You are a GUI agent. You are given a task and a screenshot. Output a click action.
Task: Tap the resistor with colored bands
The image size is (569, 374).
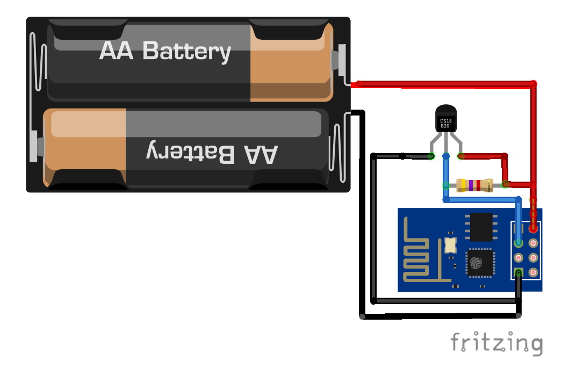pyautogui.click(x=474, y=185)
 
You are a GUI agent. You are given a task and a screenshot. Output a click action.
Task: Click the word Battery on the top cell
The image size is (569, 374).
pyautogui.click(x=187, y=51)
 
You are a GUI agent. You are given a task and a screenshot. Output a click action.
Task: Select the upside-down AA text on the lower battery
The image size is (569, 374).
pyautogui.click(x=261, y=153)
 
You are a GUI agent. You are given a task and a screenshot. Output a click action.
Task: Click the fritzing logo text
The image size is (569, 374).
pyautogui.click(x=496, y=342)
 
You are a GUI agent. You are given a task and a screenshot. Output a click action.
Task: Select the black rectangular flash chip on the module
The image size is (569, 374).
pyautogui.click(x=482, y=226)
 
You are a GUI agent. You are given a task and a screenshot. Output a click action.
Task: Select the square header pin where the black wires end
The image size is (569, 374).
pyautogui.click(x=518, y=273)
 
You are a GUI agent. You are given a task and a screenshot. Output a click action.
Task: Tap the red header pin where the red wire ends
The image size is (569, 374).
pyautogui.click(x=534, y=228)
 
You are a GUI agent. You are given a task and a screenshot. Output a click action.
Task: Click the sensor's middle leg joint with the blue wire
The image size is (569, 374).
pyautogui.click(x=445, y=156)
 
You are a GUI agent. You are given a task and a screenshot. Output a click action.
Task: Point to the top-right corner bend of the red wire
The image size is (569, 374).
pyautogui.click(x=534, y=83)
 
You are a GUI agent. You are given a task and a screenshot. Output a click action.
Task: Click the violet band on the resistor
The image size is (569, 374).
pyautogui.click(x=471, y=185)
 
